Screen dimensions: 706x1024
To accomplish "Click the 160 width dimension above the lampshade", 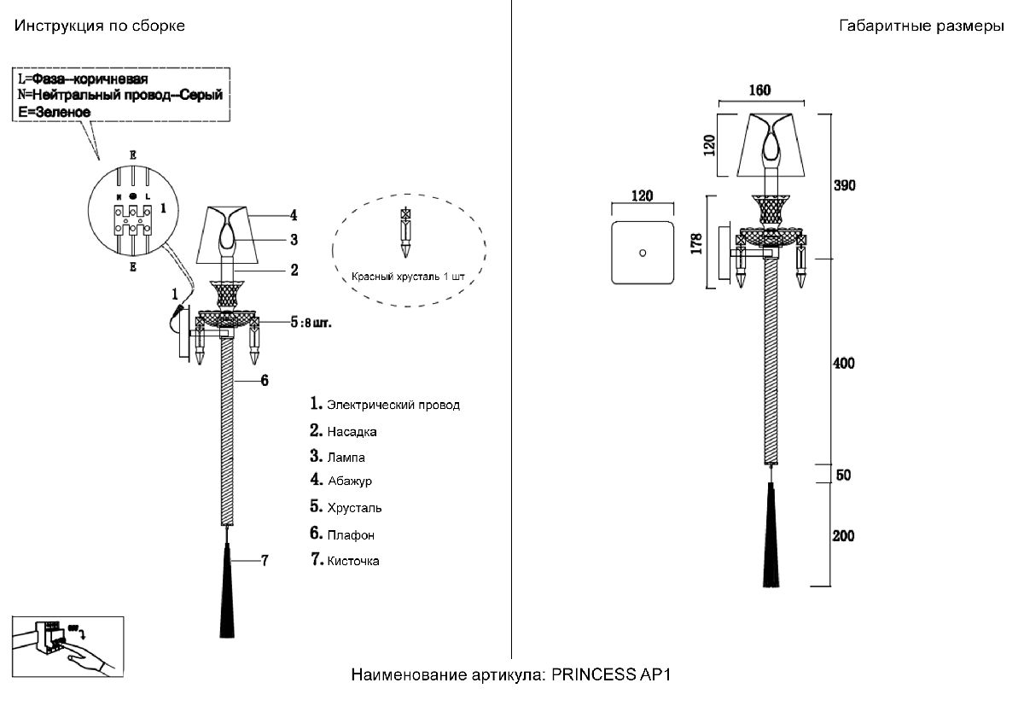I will (x=759, y=90).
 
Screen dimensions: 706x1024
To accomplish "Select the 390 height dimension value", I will (x=843, y=185).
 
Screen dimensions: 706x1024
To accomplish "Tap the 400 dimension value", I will (x=843, y=364).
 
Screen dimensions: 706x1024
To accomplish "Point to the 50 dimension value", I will (x=843, y=476).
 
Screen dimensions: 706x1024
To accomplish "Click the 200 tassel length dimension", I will (x=843, y=536).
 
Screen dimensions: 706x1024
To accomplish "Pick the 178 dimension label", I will (x=696, y=242).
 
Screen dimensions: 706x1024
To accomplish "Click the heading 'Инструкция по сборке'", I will (x=99, y=26).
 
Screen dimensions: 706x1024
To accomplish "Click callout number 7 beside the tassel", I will (x=265, y=561).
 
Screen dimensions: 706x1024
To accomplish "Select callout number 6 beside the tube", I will (x=265, y=380).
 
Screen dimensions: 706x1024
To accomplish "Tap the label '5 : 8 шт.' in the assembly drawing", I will (x=310, y=323).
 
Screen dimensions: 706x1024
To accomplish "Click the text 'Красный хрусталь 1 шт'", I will (x=410, y=277).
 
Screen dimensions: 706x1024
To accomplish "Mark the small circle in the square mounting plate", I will (x=642, y=253).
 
